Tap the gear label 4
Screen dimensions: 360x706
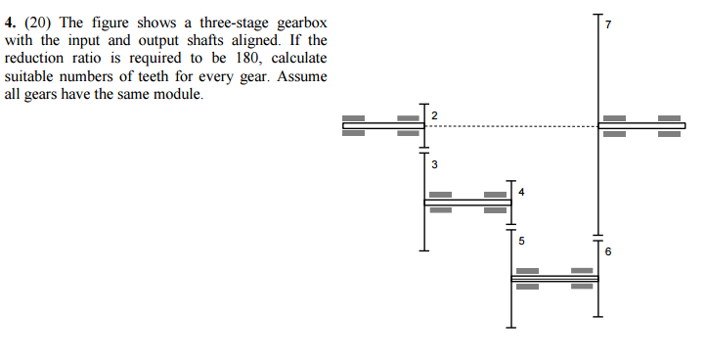[x=521, y=193]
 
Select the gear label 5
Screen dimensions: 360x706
[x=521, y=240]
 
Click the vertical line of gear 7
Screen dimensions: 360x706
[x=597, y=68]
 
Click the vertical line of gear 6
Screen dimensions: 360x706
[x=597, y=293]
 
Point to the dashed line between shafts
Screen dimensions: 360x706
[x=508, y=126]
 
